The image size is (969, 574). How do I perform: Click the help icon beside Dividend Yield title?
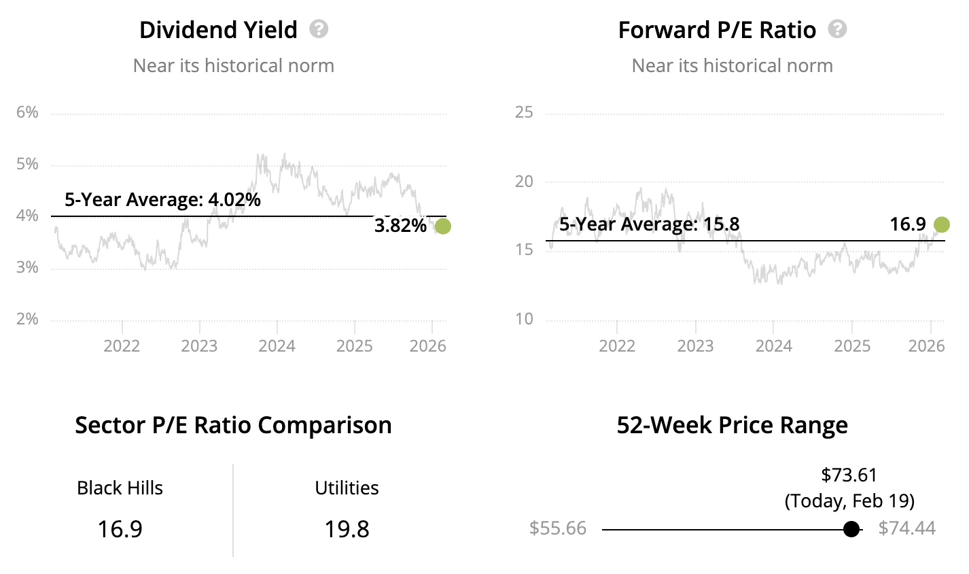click(x=319, y=29)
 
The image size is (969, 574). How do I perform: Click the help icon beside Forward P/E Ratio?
click(x=837, y=29)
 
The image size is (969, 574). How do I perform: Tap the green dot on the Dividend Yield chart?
click(x=442, y=226)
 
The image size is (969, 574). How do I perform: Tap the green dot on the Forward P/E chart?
click(x=941, y=224)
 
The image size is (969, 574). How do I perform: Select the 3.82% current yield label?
click(x=400, y=226)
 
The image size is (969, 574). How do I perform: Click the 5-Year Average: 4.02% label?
click(x=162, y=200)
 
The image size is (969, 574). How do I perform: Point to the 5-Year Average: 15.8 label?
click(x=649, y=224)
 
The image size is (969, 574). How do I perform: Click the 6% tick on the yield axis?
click(x=27, y=112)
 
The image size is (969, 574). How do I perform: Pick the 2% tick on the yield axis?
click(x=27, y=319)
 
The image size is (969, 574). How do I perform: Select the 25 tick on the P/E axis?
click(x=524, y=112)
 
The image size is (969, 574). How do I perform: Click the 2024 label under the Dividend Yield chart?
click(x=277, y=346)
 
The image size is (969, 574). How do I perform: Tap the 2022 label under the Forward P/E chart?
click(x=617, y=346)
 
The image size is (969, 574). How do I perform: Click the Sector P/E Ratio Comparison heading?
click(x=233, y=425)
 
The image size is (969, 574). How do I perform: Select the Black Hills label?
click(x=120, y=488)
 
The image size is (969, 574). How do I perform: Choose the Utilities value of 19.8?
click(x=347, y=529)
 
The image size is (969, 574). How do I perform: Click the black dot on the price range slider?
click(x=851, y=529)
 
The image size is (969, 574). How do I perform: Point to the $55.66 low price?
click(x=558, y=528)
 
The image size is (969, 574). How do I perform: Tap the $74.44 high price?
click(x=906, y=528)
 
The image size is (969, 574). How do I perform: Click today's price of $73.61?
click(x=849, y=475)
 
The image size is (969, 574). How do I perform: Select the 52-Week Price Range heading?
click(x=732, y=425)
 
